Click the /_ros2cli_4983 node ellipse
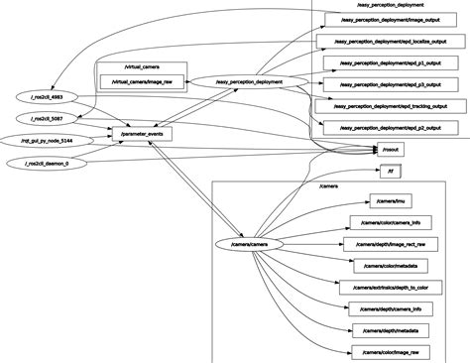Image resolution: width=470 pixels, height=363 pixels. coord(46,96)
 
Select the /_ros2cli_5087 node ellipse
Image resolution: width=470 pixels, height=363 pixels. coord(46,118)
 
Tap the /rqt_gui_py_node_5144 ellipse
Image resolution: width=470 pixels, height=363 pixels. coord(47,141)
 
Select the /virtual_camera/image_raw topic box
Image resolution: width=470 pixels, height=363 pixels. coord(142,80)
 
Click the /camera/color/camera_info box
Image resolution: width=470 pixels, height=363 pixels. coord(391,223)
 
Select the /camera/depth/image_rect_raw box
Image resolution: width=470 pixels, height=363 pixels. coord(390,244)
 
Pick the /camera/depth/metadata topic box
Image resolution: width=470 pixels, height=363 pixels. coord(390,330)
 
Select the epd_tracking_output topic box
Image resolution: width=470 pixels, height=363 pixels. coord(390,106)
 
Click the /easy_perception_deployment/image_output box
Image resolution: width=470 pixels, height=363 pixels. coord(386,19)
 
